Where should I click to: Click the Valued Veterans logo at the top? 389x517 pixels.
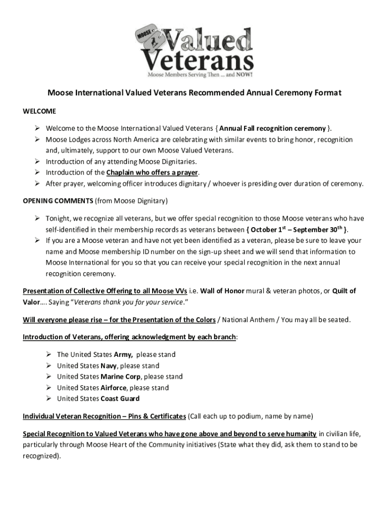coord(194,52)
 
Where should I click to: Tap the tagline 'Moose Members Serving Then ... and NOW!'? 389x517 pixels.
coord(200,74)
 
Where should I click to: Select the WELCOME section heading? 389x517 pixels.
coord(39,111)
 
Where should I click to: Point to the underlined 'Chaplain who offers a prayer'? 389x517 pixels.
coord(152,173)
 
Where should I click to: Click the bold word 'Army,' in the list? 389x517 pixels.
coord(124,354)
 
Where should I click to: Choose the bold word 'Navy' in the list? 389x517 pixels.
coord(109,366)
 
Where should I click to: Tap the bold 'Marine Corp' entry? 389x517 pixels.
coord(121,377)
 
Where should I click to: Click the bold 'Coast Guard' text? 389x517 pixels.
coord(120,399)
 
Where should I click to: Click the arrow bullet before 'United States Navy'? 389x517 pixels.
coord(48,366)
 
